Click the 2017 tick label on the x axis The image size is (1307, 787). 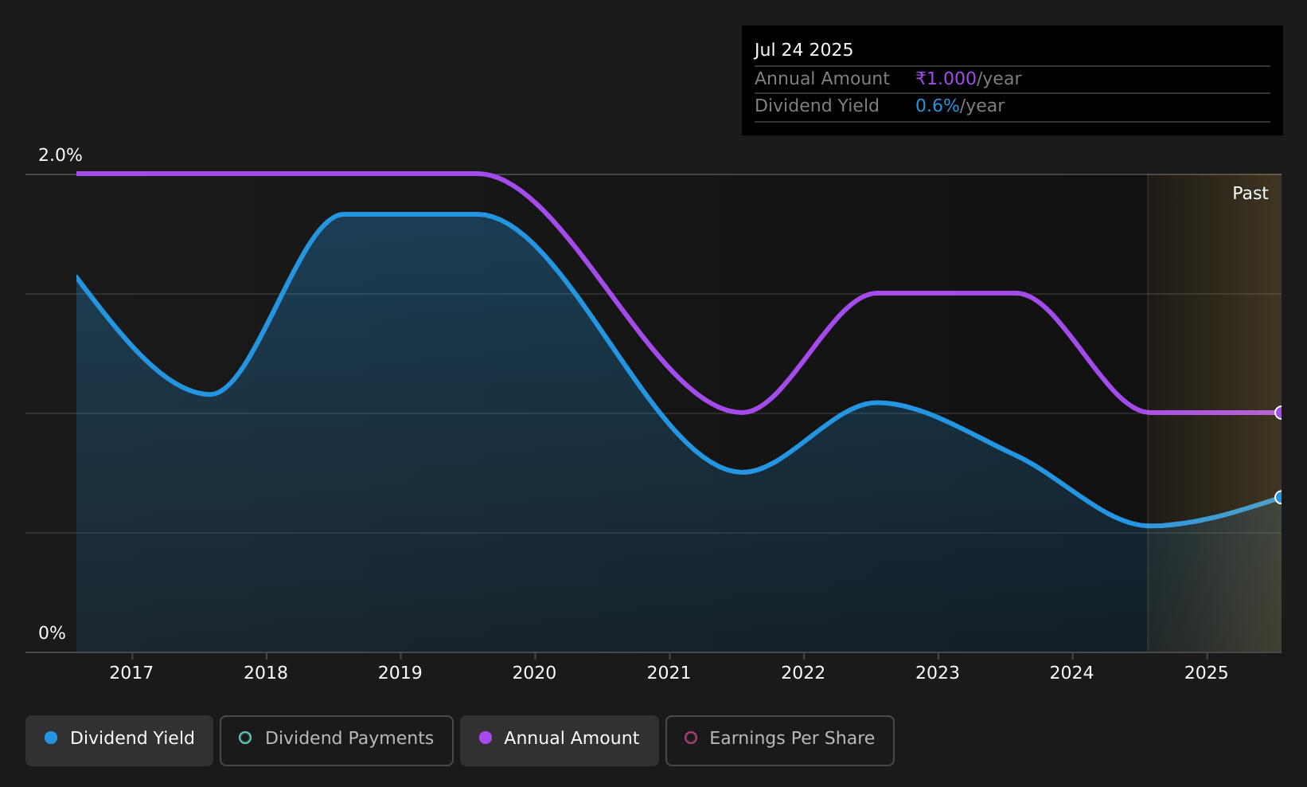coord(131,673)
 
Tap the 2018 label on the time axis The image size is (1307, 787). coord(266,673)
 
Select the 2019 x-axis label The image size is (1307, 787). coord(400,673)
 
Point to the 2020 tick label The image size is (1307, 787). coord(534,673)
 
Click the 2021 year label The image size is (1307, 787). coord(669,673)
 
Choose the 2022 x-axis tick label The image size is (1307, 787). coord(803,673)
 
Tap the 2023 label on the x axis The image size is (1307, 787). coord(938,673)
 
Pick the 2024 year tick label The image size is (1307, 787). coord(1072,673)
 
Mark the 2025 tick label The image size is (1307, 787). coord(1207,673)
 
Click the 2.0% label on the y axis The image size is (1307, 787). coord(60,155)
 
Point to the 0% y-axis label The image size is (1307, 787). coord(52,633)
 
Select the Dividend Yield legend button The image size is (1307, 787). coord(119,740)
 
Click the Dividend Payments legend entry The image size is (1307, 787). coord(337,740)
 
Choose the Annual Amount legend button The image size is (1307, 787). coord(560,740)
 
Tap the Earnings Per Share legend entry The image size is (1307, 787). coord(780,740)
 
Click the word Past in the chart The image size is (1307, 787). coord(1250,194)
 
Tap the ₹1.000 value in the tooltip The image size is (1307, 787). coord(946,79)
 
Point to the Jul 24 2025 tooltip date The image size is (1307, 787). coord(803,50)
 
